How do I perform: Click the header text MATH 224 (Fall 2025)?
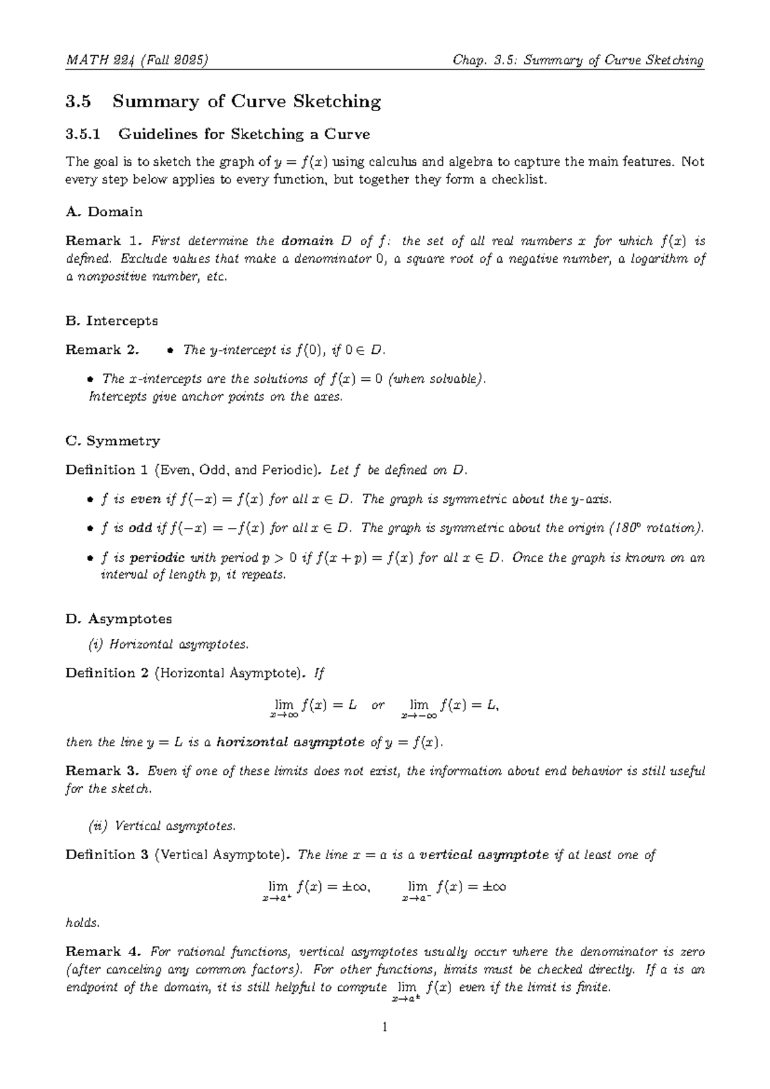(137, 60)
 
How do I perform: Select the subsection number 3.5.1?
(83, 134)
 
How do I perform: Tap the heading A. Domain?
(104, 212)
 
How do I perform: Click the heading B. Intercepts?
(112, 320)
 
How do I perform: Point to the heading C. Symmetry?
(112, 441)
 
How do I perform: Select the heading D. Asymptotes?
(119, 619)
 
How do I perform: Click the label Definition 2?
(107, 673)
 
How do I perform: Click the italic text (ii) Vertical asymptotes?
(162, 826)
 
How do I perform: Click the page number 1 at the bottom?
(384, 1028)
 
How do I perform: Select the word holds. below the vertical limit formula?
(83, 923)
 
